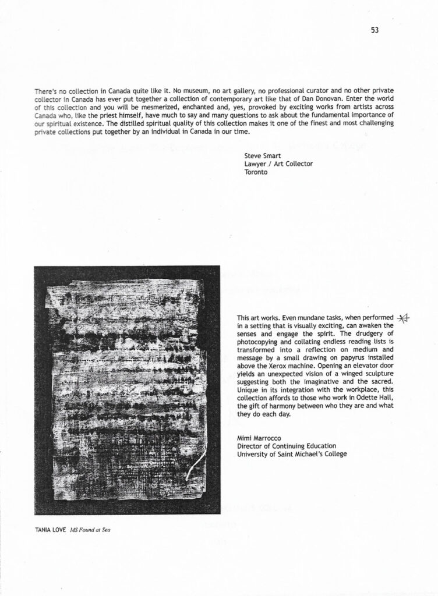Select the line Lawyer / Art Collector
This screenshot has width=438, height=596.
click(278, 164)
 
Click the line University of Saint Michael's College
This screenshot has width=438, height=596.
click(291, 453)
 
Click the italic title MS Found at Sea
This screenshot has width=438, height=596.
click(90, 530)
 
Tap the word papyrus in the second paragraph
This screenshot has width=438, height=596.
click(343, 358)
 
